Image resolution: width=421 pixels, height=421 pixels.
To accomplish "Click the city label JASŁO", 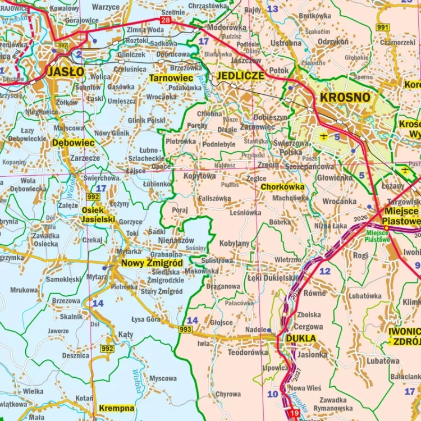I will coord(66,72).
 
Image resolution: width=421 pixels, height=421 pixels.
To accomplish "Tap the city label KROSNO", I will coord(345,97).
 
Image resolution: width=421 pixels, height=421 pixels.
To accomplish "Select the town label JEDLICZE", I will coord(240,76).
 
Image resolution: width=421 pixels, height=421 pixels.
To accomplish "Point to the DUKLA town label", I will coord(301,338).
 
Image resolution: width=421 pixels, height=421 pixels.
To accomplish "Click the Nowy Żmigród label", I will coord(152,263).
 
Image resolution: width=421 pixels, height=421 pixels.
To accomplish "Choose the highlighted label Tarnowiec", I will coord(171,78).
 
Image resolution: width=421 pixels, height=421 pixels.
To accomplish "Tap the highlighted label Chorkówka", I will coord(283,186).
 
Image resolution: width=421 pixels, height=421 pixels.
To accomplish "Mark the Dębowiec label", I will coord(73,143).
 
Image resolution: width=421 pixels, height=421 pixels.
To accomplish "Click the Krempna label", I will coord(116,408).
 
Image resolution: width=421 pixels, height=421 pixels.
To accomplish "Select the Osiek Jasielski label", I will coord(98,214).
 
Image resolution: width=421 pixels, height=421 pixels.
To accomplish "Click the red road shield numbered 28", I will coord(165,21).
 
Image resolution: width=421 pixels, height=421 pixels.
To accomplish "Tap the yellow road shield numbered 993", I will coord(186,330).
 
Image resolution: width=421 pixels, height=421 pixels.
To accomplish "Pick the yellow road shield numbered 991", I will coord(383,27).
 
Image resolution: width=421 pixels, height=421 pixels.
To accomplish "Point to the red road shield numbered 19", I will coord(294,414).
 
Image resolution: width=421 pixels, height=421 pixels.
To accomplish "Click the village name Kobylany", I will coord(234,244).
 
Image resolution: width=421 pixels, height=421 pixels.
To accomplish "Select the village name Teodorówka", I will coord(248,353).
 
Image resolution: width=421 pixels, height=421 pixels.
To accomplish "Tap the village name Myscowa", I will coord(163,378).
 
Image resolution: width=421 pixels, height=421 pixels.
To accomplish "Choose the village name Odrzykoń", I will coord(333,42).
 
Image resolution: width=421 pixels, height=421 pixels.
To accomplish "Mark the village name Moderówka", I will coord(227,27).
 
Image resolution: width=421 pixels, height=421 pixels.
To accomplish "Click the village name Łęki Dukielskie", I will coord(273,277).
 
